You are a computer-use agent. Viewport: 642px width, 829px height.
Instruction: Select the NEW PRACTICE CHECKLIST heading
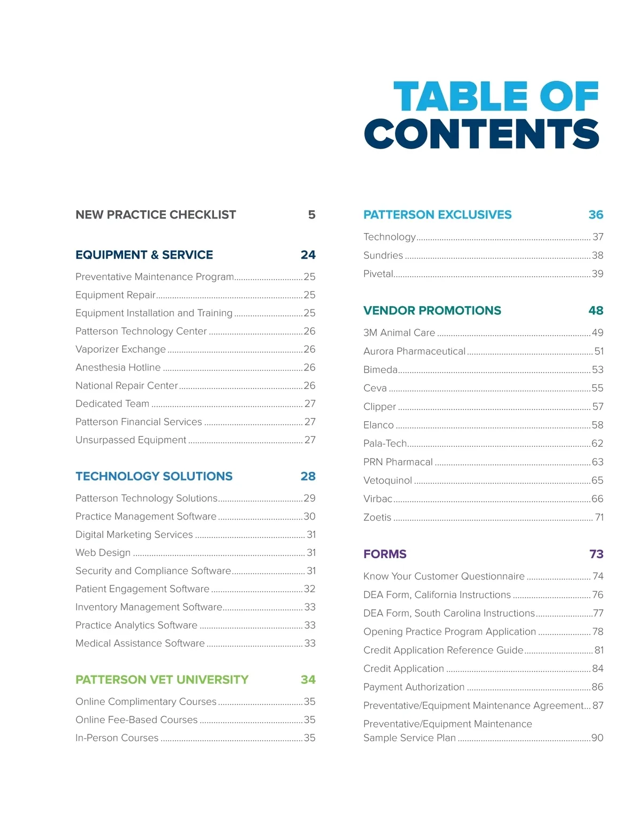point(156,215)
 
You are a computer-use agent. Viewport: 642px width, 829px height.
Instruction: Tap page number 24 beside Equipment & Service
point(308,255)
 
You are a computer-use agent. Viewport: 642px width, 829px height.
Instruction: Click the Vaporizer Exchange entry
point(121,350)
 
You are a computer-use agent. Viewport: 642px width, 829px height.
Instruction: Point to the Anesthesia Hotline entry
point(118,368)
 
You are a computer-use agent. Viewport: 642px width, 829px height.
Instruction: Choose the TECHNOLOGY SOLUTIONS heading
point(154,476)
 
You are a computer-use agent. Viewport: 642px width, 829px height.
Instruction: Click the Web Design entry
point(103,553)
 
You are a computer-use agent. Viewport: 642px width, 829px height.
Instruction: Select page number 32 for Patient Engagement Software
point(309,589)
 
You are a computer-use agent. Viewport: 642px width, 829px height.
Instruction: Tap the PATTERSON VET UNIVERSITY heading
point(162,680)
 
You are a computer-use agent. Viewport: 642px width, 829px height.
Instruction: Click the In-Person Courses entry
point(117,738)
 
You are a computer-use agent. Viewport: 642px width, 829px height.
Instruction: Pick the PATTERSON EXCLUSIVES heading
point(438,215)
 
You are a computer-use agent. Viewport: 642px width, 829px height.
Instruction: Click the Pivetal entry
point(378,274)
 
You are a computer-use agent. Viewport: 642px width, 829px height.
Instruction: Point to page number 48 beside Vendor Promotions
point(595,311)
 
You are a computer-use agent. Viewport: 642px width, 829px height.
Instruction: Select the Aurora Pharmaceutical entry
point(415,352)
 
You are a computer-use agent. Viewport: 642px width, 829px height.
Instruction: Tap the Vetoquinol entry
point(388,481)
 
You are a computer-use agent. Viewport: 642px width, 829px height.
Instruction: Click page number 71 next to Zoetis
point(599,517)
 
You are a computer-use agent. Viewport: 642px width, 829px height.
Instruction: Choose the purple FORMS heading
point(385,554)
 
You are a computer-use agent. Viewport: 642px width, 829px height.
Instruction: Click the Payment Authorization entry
point(414,687)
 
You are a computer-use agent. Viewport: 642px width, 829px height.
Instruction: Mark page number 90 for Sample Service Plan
point(597,738)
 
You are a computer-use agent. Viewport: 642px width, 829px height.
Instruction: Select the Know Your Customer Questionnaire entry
point(444,577)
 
